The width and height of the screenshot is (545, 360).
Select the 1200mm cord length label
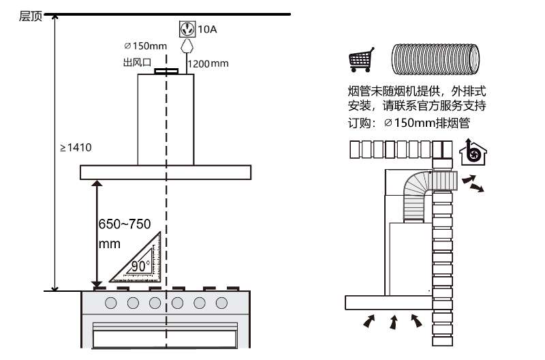(x=208, y=63)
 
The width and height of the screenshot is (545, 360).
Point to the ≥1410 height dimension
(x=75, y=147)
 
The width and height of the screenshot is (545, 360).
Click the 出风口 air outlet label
(x=134, y=63)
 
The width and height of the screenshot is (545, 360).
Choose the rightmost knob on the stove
(x=221, y=302)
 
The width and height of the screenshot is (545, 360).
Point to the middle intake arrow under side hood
(x=394, y=320)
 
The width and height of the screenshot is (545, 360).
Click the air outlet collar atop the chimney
(x=166, y=71)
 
